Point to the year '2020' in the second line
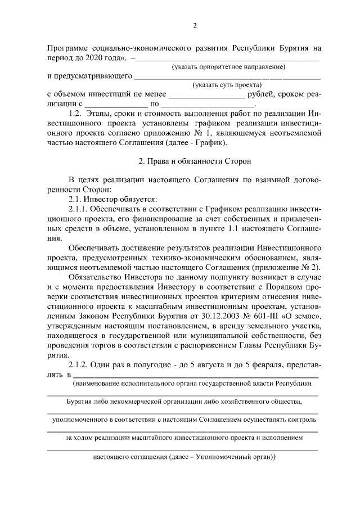pos(99,58)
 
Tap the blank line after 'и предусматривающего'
pos(228,77)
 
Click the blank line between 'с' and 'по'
pos(116,105)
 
